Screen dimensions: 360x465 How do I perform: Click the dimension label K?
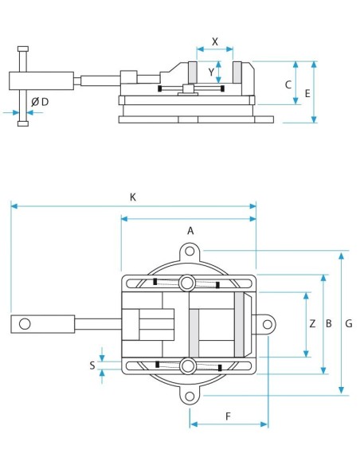pyautogui.click(x=133, y=197)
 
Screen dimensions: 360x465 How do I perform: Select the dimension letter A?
pyautogui.click(x=190, y=230)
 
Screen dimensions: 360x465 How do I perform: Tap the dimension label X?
pyautogui.click(x=215, y=41)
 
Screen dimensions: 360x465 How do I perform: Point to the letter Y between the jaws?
pyautogui.click(x=211, y=72)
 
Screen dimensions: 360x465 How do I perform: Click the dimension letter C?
pyautogui.click(x=288, y=85)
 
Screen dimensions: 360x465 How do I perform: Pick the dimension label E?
pyautogui.click(x=307, y=93)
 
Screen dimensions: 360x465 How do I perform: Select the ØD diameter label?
pyautogui.click(x=40, y=102)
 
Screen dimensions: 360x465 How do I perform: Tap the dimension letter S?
pyautogui.click(x=92, y=365)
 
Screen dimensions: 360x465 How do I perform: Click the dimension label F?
pyautogui.click(x=228, y=416)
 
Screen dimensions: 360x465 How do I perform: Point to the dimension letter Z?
pyautogui.click(x=312, y=323)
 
